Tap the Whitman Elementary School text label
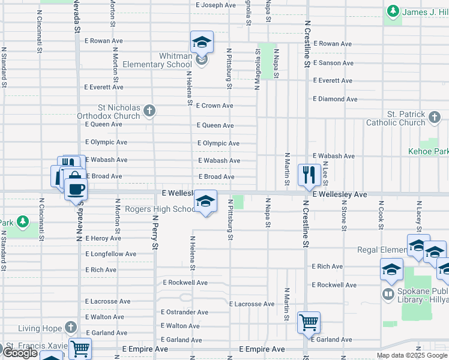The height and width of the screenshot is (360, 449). point(157,60)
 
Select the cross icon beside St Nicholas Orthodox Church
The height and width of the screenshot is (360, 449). point(149,110)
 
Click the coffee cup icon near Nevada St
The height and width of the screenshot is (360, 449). point(76,188)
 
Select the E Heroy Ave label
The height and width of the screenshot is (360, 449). point(103,238)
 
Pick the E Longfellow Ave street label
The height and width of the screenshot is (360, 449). point(111,254)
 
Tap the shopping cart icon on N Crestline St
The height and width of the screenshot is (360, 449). point(309,322)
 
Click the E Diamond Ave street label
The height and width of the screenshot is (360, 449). point(335,99)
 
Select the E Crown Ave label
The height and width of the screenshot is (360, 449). point(214,106)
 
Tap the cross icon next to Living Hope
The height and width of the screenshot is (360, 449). point(71,328)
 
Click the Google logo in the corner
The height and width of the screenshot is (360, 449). point(20,353)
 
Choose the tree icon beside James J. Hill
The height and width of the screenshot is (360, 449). point(393,11)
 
